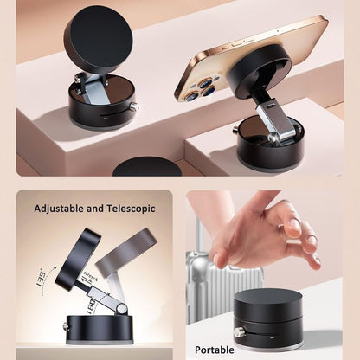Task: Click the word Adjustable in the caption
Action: [x=63, y=209]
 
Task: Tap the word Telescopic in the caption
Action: [x=127, y=209]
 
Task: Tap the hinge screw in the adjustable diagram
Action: [x=122, y=307]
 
